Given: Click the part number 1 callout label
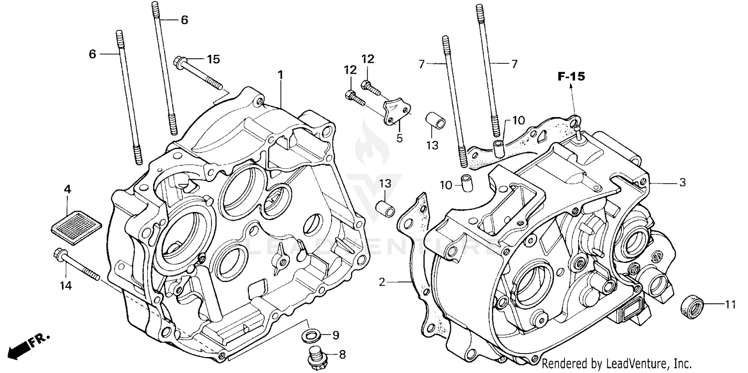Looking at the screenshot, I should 280,75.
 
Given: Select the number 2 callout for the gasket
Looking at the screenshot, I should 382,282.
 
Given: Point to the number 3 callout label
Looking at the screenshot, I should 682,183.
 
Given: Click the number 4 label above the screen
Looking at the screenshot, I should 67,189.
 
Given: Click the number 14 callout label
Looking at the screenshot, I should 66,285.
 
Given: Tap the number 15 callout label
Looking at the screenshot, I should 213,60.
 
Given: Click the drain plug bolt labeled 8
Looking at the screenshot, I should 315,357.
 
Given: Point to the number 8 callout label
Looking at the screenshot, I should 342,355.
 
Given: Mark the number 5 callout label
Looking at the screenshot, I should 399,138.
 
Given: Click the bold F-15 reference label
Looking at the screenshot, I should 571,77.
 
